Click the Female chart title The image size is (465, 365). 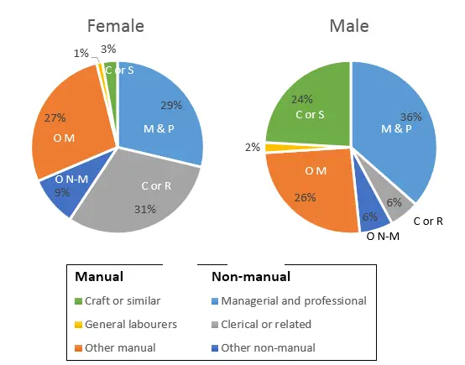[x=116, y=26]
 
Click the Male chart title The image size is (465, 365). [x=349, y=26]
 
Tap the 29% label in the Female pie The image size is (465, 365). [x=171, y=106]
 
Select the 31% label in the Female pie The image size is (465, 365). [x=145, y=210]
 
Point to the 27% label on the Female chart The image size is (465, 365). [x=55, y=118]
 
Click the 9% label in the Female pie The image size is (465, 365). [x=62, y=193]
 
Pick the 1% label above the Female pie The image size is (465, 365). [x=81, y=54]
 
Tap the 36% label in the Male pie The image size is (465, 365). [x=411, y=117]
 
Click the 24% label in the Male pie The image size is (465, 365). [x=302, y=99]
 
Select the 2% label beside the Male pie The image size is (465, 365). [x=253, y=147]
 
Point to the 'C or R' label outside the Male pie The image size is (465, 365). [x=428, y=222]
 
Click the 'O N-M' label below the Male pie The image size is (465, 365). [x=383, y=237]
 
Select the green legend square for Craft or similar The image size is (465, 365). [x=78, y=301]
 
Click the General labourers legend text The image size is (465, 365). [x=131, y=325]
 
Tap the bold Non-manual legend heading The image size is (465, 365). [x=251, y=277]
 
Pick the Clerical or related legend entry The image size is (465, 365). [x=261, y=325]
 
